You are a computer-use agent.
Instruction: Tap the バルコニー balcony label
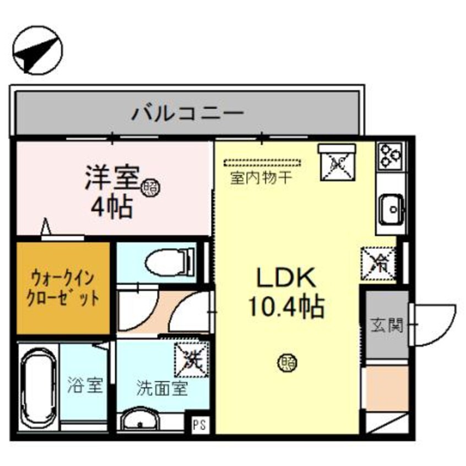pos(187,115)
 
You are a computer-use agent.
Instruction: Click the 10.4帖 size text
pos(286,307)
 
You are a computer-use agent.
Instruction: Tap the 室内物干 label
pos(262,178)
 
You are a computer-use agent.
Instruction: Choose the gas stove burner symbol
pos(391,155)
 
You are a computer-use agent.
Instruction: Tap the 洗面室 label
pos(162,389)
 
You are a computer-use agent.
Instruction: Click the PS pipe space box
pos(199,424)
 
